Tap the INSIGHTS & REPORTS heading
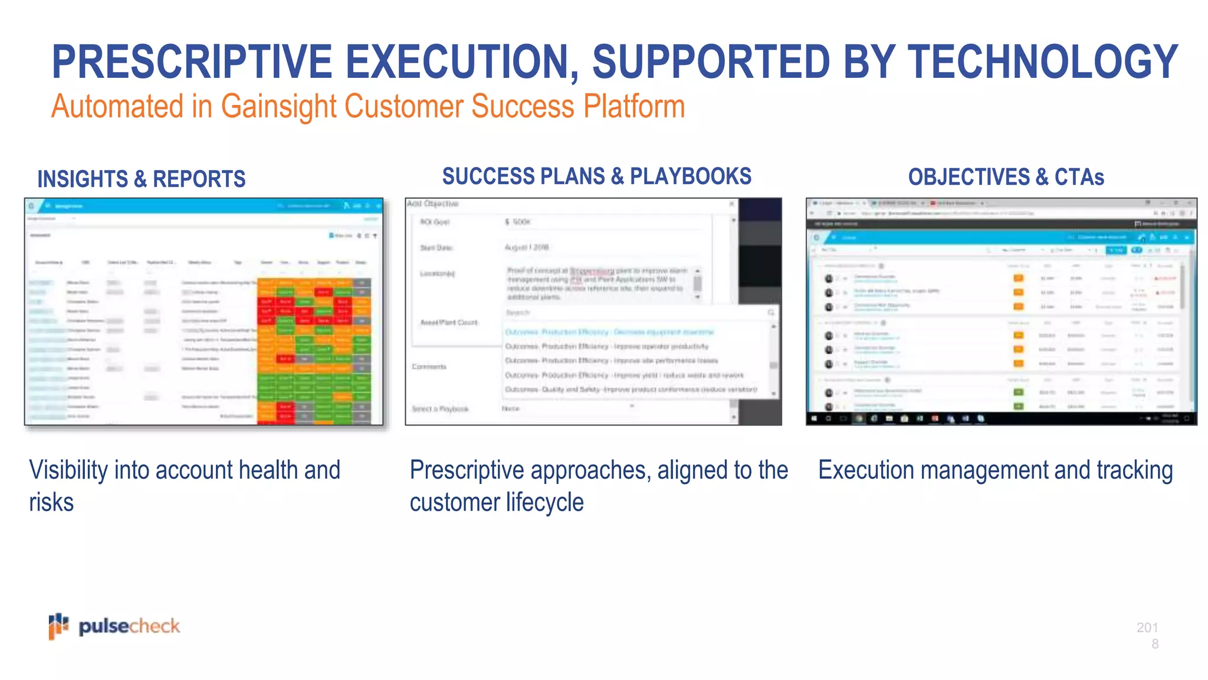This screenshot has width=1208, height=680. click(141, 179)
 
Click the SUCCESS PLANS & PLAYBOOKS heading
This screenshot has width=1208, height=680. click(596, 176)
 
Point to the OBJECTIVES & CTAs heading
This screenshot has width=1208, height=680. click(1006, 177)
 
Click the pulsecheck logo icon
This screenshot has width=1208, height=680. click(58, 626)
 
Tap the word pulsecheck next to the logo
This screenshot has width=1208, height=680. click(129, 626)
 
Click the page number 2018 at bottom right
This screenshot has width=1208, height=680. click(1147, 635)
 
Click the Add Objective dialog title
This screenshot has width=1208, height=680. click(432, 204)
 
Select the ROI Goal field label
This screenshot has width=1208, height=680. click(435, 222)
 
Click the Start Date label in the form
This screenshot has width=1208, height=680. click(436, 248)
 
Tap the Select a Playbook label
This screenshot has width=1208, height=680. click(440, 408)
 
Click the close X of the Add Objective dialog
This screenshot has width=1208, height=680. click(731, 204)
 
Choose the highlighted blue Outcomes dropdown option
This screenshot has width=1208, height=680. click(609, 332)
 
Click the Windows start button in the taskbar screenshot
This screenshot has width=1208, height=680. click(815, 419)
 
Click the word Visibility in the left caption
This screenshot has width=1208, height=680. click(68, 470)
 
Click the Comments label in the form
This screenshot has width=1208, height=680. click(429, 367)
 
